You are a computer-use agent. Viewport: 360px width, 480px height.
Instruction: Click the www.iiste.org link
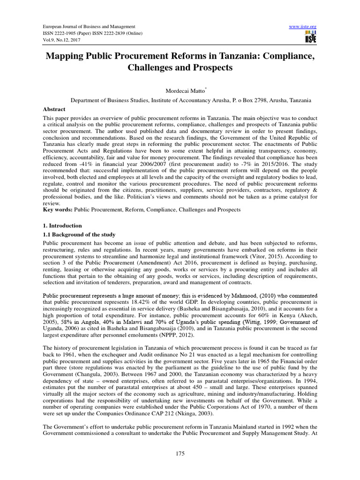click(x=304, y=27)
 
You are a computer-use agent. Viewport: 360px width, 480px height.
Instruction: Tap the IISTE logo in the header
click(x=310, y=37)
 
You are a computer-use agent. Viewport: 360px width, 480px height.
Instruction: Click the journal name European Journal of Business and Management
click(x=89, y=27)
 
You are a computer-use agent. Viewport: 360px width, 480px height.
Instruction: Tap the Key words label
click(x=57, y=210)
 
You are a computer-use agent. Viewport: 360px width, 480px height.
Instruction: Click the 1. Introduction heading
click(x=62, y=225)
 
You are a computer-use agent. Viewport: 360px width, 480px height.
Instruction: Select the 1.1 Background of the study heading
click(x=79, y=234)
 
